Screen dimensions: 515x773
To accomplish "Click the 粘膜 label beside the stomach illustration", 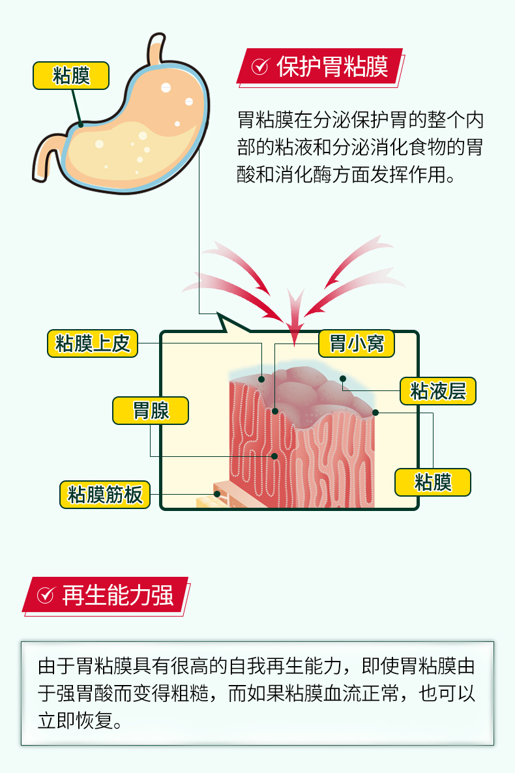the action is pos(71,76).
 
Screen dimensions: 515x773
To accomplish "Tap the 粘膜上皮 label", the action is pos(93,343).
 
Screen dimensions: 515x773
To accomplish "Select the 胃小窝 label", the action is pos(356,343).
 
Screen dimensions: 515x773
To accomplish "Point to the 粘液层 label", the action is pos(438,391).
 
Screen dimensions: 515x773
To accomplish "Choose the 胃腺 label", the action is pos(151,411).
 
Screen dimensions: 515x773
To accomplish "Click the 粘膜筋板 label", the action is pos(104,495).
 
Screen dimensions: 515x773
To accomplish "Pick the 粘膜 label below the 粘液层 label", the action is pos(433,482).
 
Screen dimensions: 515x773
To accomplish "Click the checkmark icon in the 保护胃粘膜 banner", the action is pos(260,66).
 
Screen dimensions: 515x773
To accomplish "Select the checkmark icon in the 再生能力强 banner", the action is pos(46,595).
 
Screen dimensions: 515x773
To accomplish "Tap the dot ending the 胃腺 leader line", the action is pos(274,456).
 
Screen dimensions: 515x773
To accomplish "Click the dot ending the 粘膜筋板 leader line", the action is pos(217,493).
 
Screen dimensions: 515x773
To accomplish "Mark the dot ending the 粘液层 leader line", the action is pos(343,379).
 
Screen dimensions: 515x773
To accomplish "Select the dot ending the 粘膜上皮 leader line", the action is pos(261,379).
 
